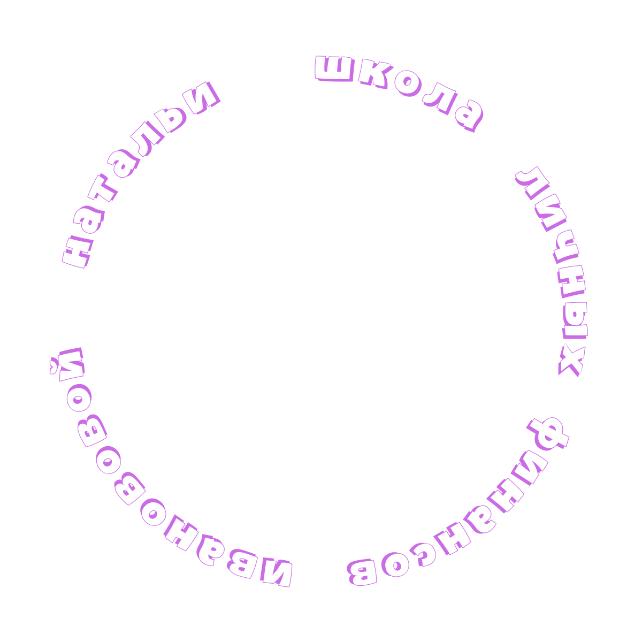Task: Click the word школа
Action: tap(399, 88)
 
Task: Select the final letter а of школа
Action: tap(467, 115)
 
